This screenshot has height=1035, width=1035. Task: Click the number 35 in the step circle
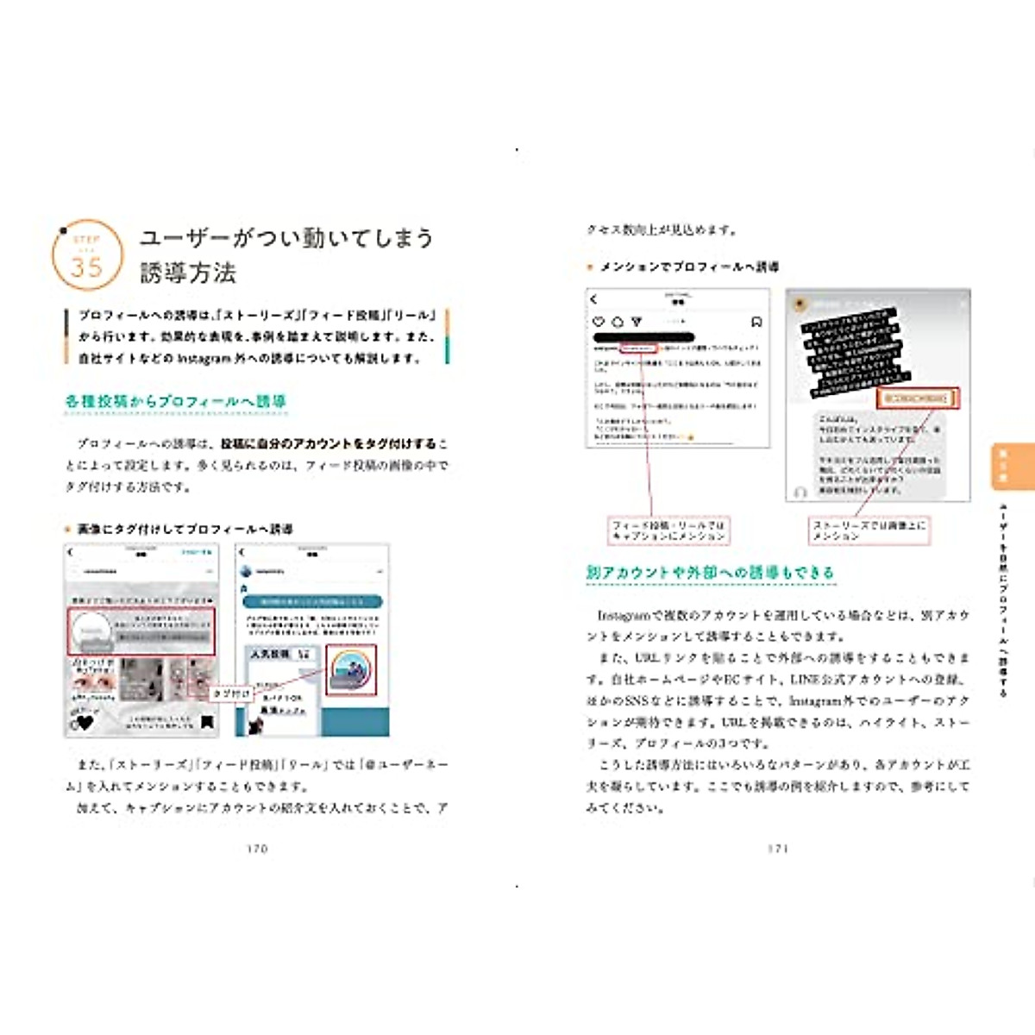coord(86,267)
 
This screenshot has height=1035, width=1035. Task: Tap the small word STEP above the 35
coord(86,239)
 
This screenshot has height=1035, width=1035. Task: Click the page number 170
coord(257,849)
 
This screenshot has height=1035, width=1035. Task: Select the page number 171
coord(778,849)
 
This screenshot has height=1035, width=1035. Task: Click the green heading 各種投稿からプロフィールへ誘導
coord(175,401)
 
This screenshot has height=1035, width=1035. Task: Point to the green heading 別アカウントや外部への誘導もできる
coord(710,572)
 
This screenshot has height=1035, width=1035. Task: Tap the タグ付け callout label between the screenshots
coord(231,693)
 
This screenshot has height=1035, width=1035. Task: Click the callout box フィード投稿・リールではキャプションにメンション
coord(668,530)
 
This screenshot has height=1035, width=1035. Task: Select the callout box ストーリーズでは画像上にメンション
coord(869,530)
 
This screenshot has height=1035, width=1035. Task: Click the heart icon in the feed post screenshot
coord(599,322)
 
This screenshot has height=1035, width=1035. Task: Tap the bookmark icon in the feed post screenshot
coord(756,322)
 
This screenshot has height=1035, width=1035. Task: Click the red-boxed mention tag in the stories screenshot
coord(917,398)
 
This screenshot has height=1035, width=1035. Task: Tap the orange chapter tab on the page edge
coord(1013,466)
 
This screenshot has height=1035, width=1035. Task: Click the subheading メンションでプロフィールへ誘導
coord(689,267)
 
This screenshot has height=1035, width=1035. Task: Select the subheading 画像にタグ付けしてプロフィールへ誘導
coord(185,529)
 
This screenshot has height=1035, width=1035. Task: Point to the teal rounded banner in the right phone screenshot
coord(312,601)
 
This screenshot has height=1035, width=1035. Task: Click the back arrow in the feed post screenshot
coord(593,299)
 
